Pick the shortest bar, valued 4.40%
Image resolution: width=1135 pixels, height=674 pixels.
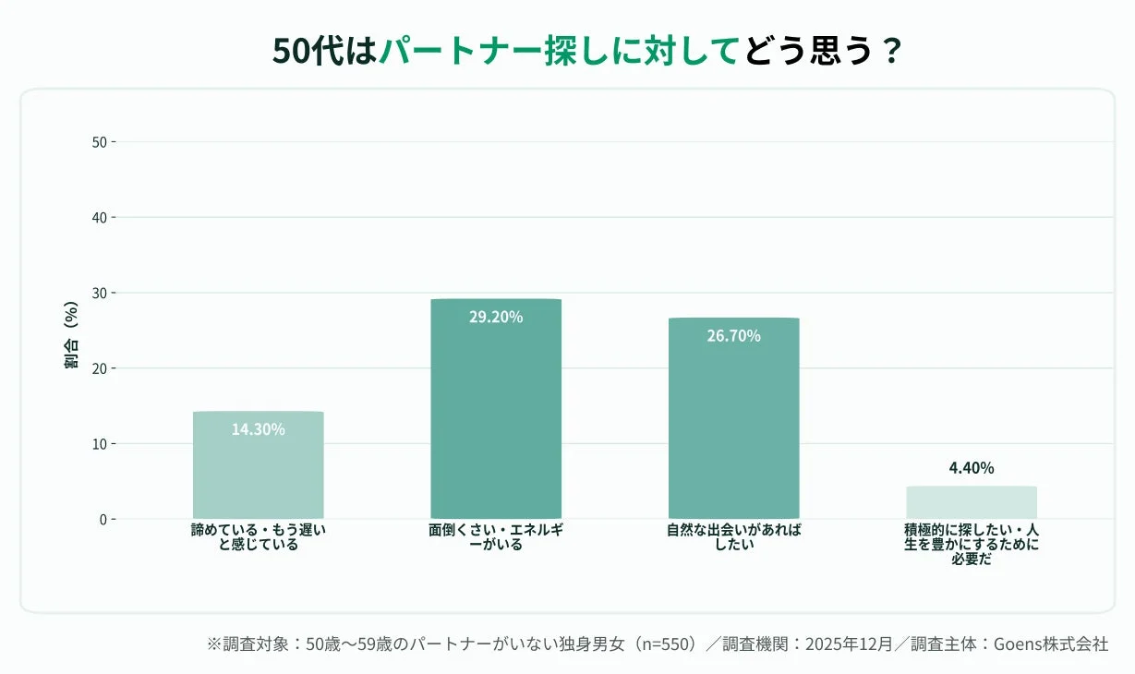tap(972, 502)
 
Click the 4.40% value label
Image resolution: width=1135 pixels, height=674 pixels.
tap(972, 468)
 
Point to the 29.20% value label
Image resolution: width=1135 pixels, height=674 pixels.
tap(496, 318)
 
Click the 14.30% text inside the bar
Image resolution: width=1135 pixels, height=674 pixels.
tap(259, 429)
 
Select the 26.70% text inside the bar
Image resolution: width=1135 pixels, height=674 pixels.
tap(734, 336)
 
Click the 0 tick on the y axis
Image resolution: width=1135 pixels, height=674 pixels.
tap(103, 519)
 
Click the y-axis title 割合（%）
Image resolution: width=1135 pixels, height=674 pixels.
tap(70, 335)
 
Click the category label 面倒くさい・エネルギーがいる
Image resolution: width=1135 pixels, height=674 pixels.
tap(496, 537)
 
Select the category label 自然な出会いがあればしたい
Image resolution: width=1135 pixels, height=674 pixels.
tap(734, 537)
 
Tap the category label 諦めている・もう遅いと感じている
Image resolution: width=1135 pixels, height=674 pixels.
tap(259, 537)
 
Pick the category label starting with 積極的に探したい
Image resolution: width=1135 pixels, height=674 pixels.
tap(972, 545)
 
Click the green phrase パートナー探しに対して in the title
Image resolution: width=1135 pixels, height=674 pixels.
tap(561, 51)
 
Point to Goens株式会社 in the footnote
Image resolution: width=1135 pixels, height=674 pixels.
tap(1051, 644)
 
